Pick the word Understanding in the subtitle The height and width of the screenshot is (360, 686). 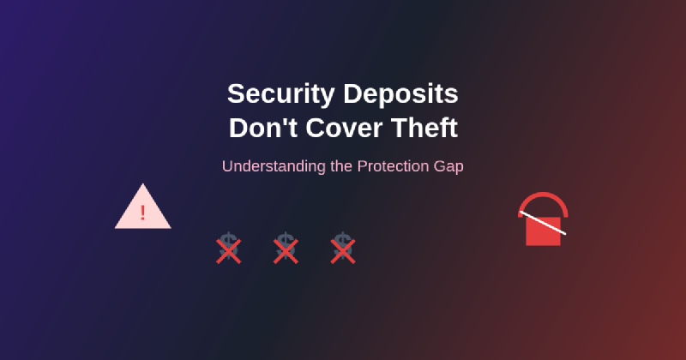274,167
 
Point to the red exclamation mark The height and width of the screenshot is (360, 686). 142,213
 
